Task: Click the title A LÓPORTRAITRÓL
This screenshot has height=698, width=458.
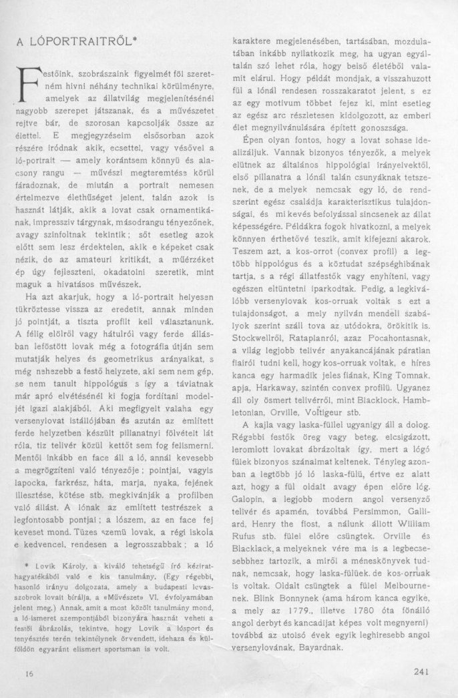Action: point(76,39)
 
